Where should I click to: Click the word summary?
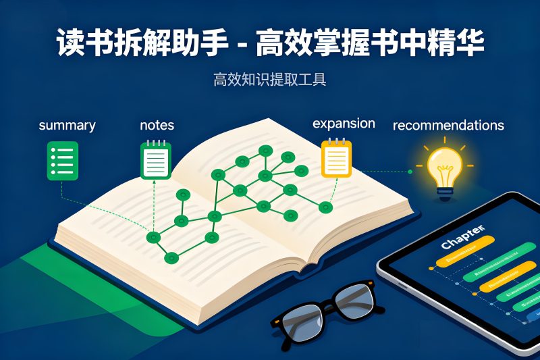pyautogui.click(x=67, y=126)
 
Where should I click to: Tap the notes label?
pyautogui.click(x=157, y=125)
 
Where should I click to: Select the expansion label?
pyautogui.click(x=344, y=124)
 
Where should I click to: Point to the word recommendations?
pyautogui.click(x=448, y=126)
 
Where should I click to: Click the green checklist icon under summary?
pyautogui.click(x=61, y=160)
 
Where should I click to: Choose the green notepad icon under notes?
pyautogui.click(x=155, y=161)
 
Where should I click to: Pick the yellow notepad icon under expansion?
pyautogui.click(x=336, y=159)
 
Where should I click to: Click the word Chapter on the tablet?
pyautogui.click(x=462, y=237)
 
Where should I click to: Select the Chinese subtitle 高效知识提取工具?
pyautogui.click(x=270, y=80)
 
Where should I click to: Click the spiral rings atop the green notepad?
pyautogui.click(x=155, y=143)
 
